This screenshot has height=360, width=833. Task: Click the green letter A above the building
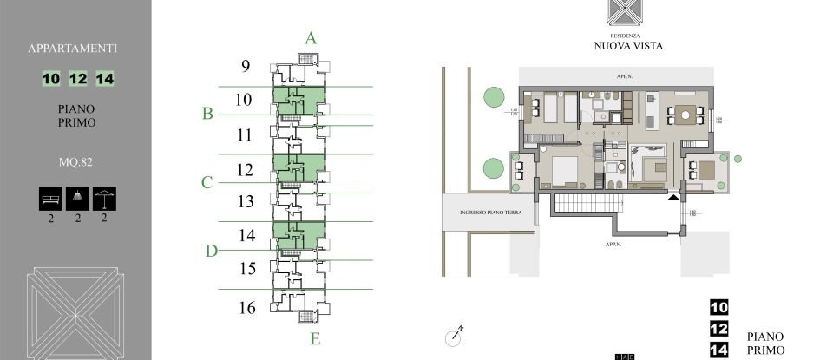tap(311, 37)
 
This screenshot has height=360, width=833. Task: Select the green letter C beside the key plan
tap(207, 182)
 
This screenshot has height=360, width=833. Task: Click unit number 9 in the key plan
tap(245, 66)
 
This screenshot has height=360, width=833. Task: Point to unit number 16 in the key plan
tap(246, 306)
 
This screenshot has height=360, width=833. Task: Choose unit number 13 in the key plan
tap(245, 201)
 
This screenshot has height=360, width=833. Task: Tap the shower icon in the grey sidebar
tap(78, 198)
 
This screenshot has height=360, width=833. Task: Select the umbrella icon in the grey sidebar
tap(105, 198)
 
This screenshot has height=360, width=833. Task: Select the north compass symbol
tap(457, 332)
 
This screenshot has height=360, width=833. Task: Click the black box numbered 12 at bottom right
tap(718, 329)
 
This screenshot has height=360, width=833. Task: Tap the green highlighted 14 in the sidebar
tap(106, 79)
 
